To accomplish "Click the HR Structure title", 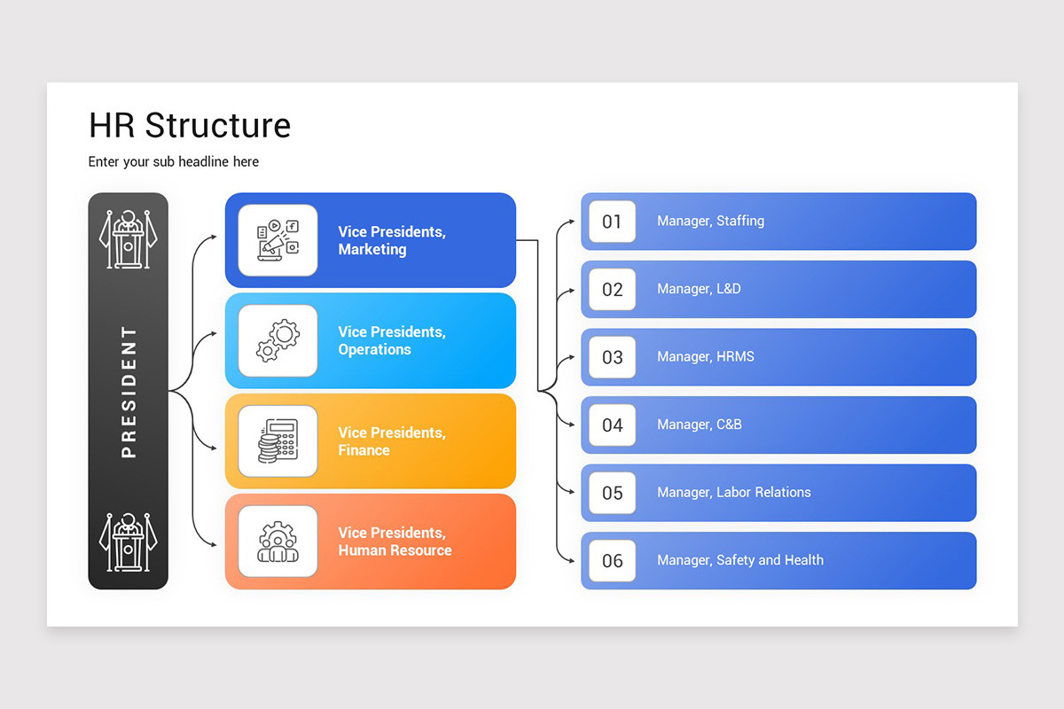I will click(190, 126).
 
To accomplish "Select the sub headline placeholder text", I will click(174, 161).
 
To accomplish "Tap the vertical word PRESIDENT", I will click(129, 392).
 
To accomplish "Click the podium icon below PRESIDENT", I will click(128, 542).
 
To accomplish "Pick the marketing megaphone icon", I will click(278, 240).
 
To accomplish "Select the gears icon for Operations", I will click(278, 341).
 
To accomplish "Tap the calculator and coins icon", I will click(278, 441).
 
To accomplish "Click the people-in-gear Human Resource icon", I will click(278, 541).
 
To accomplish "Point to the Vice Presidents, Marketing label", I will click(391, 240).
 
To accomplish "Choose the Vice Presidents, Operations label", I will click(391, 340).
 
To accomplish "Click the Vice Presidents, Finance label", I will click(391, 441).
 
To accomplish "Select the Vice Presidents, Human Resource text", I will click(395, 541).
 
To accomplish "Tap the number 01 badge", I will click(612, 222).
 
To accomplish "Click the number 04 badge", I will click(612, 425).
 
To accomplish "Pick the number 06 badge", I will click(612, 561).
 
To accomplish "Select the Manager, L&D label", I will click(699, 289).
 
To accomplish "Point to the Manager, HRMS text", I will click(706, 357).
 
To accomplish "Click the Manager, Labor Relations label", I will click(733, 493).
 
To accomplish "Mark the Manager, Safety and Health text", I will click(739, 560).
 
